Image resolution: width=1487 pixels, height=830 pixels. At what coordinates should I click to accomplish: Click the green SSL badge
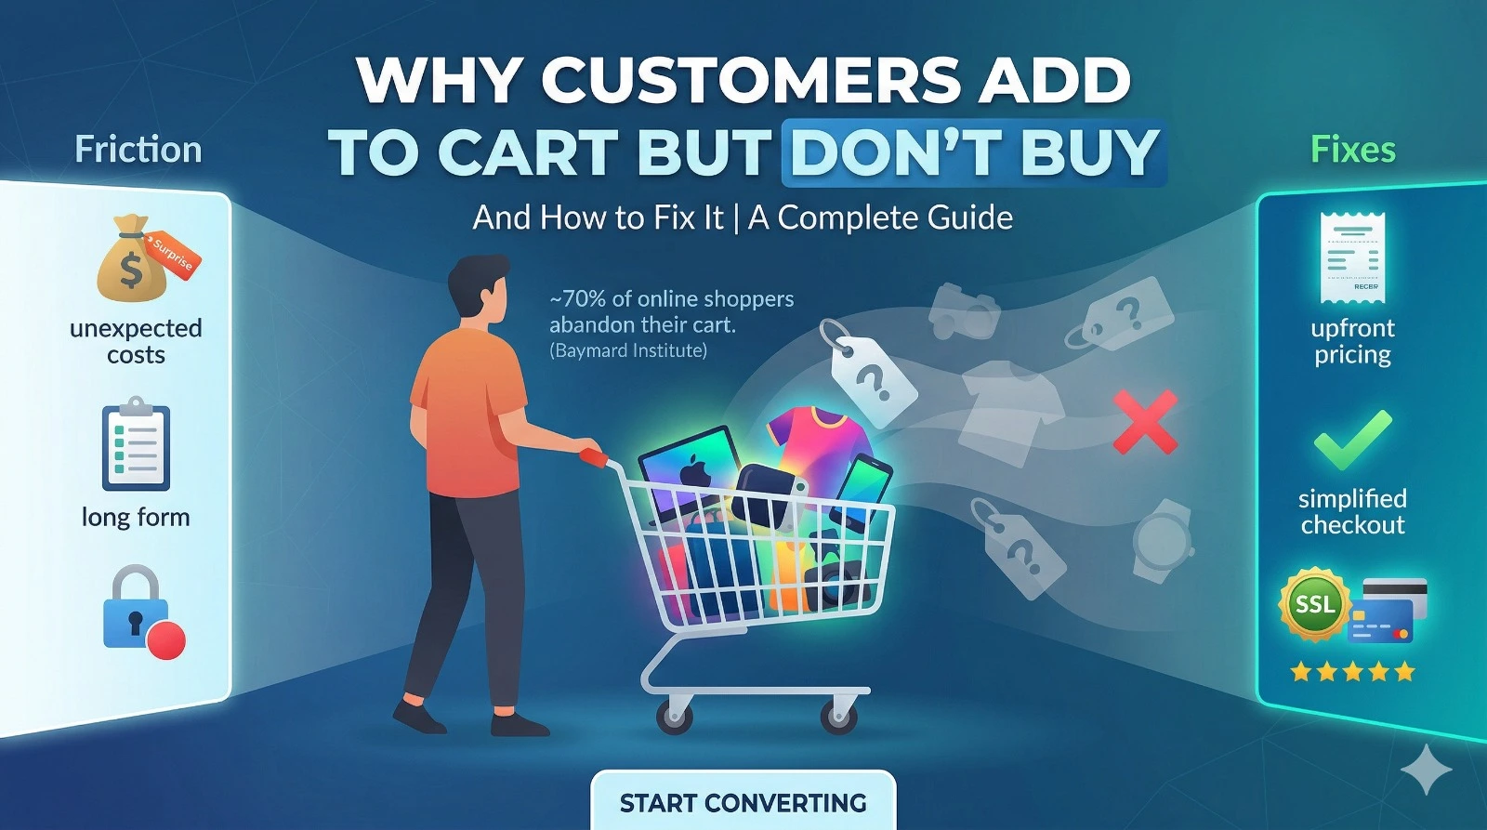pyautogui.click(x=1315, y=605)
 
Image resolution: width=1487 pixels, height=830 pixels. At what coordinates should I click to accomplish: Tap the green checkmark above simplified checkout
pyautogui.click(x=1352, y=441)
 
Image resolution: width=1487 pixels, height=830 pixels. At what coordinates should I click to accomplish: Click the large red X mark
pyautogui.click(x=1145, y=422)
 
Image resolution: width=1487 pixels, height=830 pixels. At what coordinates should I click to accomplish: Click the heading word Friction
pyautogui.click(x=138, y=150)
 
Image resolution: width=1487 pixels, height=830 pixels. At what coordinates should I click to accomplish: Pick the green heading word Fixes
pyautogui.click(x=1353, y=150)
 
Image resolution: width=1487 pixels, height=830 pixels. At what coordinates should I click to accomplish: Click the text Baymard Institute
pyautogui.click(x=628, y=349)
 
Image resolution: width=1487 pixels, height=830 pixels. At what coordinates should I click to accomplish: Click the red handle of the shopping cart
pyautogui.click(x=593, y=457)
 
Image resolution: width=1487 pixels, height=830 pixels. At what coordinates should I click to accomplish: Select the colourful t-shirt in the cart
pyautogui.click(x=819, y=441)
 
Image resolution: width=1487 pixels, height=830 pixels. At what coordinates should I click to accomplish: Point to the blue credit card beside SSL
pyautogui.click(x=1381, y=621)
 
